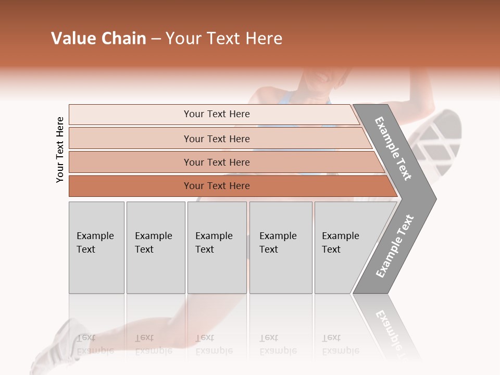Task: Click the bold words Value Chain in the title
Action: (x=98, y=39)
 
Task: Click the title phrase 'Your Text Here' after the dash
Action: (x=224, y=39)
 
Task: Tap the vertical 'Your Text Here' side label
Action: (x=60, y=149)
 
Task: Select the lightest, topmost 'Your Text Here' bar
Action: (x=216, y=114)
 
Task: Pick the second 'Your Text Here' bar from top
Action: (x=216, y=139)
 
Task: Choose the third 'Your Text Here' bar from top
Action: (x=216, y=162)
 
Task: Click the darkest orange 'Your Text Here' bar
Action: (x=216, y=186)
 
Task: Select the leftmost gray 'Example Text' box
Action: (x=96, y=247)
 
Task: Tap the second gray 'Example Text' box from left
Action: (x=155, y=247)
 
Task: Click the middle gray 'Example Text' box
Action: (x=217, y=247)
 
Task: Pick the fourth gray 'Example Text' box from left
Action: (x=280, y=247)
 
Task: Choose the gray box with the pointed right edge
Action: (x=344, y=247)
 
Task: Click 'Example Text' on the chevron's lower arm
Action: (x=395, y=246)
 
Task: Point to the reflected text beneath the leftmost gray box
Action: (x=95, y=344)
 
